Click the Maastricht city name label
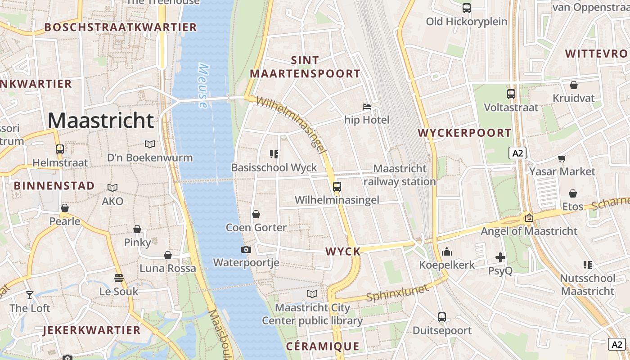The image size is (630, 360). tap(101, 121)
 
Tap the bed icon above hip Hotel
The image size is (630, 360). tap(367, 107)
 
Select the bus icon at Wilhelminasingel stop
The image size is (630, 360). tap(337, 186)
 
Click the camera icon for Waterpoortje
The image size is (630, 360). tap(246, 249)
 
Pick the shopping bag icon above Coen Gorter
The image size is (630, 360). tap(256, 214)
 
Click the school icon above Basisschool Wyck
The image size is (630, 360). tap(274, 154)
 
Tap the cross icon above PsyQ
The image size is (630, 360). tap(500, 257)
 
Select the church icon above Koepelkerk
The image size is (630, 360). tap(446, 252)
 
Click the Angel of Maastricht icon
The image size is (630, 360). tap(529, 218)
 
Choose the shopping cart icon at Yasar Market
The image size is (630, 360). tap(562, 158)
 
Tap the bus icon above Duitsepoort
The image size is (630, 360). tap(442, 317)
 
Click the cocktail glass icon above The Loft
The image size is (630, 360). tap(30, 295)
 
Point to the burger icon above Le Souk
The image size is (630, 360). tap(119, 278)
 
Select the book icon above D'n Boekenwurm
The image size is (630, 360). tap(149, 144)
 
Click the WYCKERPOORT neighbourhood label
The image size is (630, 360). tap(464, 133)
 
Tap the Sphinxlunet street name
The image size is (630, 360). tap(397, 293)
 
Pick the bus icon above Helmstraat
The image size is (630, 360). tap(59, 149)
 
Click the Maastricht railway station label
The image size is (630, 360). tap(400, 175)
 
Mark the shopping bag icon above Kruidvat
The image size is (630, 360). tap(573, 85)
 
